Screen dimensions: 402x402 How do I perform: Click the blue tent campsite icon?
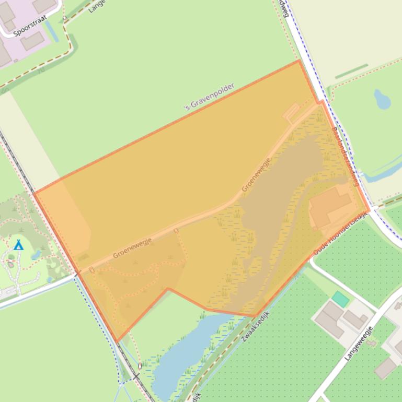point(19,244)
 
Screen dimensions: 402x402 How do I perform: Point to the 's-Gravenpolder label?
point(209,97)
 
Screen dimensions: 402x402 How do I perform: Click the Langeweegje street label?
point(359,343)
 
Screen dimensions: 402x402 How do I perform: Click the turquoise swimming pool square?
point(340,299)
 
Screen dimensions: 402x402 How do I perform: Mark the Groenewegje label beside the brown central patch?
point(256,174)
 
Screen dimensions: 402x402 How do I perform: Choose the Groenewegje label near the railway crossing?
point(132,247)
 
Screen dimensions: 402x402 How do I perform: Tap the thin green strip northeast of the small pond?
point(351,72)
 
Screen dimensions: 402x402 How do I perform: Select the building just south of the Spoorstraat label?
point(32,41)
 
